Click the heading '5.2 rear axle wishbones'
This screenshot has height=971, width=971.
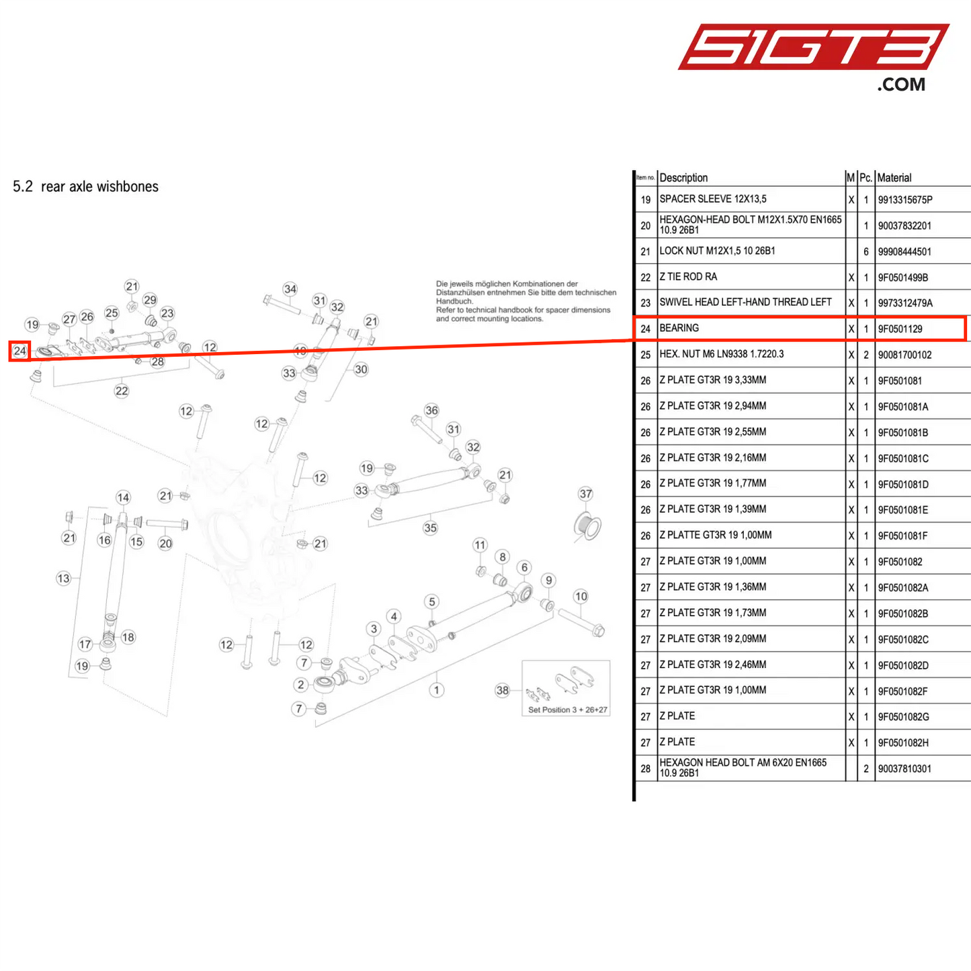pos(85,186)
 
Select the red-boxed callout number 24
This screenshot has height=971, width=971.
pos(19,351)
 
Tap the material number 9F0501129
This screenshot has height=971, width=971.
pos(900,329)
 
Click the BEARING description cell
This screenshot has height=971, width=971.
pos(679,328)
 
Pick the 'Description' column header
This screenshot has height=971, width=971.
pos(683,177)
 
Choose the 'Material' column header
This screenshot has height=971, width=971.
pos(894,177)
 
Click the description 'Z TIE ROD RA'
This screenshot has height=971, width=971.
pos(688,277)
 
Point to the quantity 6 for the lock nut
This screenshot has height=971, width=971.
pos(866,251)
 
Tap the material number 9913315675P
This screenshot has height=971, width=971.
pos(905,200)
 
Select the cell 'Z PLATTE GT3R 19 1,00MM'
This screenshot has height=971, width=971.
pos(716,535)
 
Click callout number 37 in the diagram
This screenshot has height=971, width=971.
pos(585,494)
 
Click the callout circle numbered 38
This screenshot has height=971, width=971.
pos(503,690)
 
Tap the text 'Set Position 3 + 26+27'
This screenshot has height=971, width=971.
pos(567,710)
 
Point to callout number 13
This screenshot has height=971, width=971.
pos(63,579)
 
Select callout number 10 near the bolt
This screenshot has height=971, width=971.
pos(581,597)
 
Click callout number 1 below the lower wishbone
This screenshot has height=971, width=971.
pos(436,690)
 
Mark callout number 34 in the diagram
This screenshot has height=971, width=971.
pos(290,289)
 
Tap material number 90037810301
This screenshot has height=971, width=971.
pos(904,769)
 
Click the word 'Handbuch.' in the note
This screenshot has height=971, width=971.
pos(454,301)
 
